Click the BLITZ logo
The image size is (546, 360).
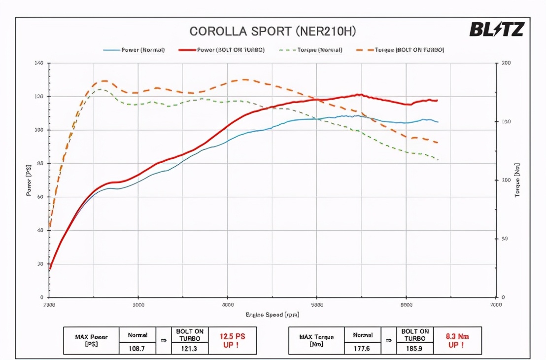pyautogui.click(x=496, y=30)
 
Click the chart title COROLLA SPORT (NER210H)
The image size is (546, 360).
pyautogui.click(x=273, y=31)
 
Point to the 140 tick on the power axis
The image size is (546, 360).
pyautogui.click(x=39, y=63)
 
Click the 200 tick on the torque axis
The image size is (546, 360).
pyautogui.click(x=506, y=63)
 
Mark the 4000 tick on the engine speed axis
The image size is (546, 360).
pyautogui.click(x=228, y=305)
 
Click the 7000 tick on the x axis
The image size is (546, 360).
pyautogui.click(x=496, y=305)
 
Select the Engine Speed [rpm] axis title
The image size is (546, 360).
pyautogui.click(x=273, y=315)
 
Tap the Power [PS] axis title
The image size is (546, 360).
pyautogui.click(x=29, y=180)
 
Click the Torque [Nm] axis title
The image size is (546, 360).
pyautogui.click(x=517, y=180)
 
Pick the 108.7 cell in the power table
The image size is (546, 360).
pyautogui.click(x=138, y=348)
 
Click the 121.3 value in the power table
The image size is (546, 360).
pyautogui.click(x=189, y=348)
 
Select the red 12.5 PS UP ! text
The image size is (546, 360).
pyautogui.click(x=232, y=340)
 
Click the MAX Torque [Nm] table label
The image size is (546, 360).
pyautogui.click(x=316, y=340)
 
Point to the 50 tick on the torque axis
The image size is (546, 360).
pyautogui.click(x=505, y=239)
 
